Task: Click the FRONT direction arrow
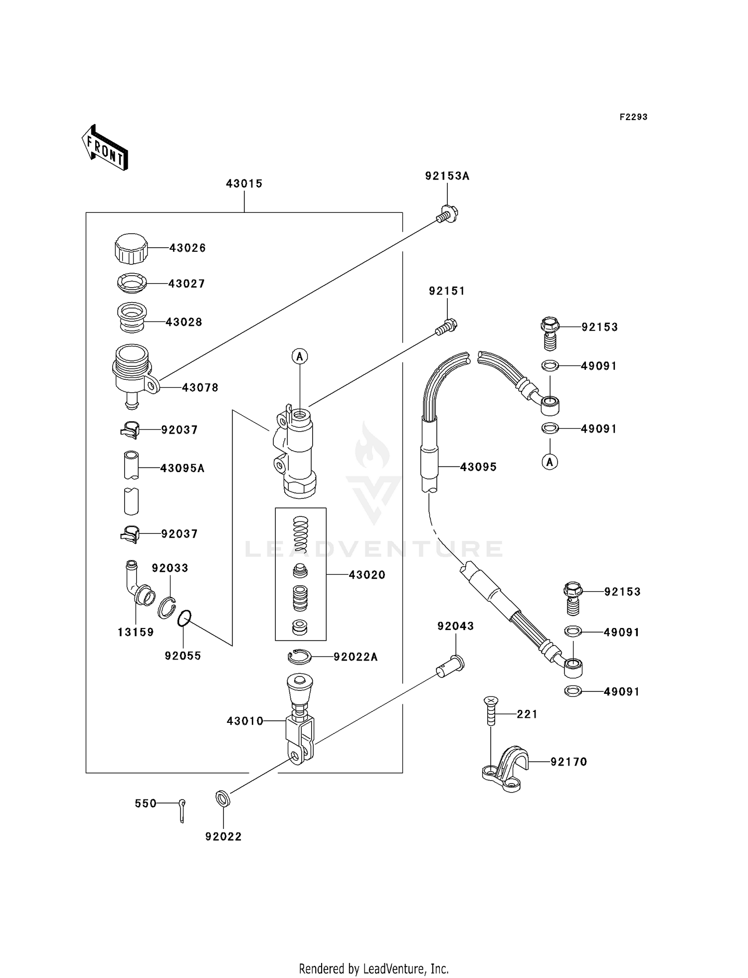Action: tap(105, 148)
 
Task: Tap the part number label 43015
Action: tap(244, 183)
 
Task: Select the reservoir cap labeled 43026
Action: tap(131, 248)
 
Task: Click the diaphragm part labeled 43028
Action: tap(132, 318)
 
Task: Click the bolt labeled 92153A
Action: tap(447, 215)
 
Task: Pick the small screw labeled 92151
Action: tap(447, 327)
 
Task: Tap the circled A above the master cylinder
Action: tap(300, 356)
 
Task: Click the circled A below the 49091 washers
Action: tap(550, 462)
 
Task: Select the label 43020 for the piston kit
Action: tap(367, 575)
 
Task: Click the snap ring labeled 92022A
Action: tap(300, 657)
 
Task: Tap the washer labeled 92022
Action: tap(223, 798)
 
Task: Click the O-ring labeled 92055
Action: tap(184, 619)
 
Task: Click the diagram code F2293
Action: tap(633, 117)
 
